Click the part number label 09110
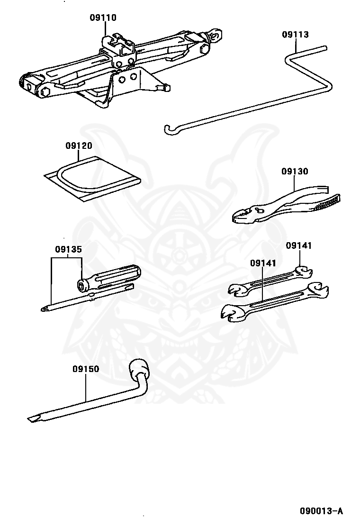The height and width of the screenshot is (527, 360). (103, 18)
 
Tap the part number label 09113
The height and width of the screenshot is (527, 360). (295, 35)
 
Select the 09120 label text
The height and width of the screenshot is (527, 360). (79, 146)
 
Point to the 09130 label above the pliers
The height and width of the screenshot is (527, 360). (295, 172)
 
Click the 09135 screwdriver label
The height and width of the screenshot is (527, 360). (68, 249)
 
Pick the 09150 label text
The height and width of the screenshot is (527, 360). (86, 369)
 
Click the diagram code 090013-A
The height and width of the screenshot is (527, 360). (321, 511)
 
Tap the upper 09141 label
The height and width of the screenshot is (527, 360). (299, 245)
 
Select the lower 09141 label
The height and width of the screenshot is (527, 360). (263, 263)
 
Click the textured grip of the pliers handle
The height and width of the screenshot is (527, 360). (327, 204)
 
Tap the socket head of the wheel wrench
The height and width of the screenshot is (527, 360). (138, 368)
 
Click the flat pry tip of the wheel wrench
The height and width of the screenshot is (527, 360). (33, 418)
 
